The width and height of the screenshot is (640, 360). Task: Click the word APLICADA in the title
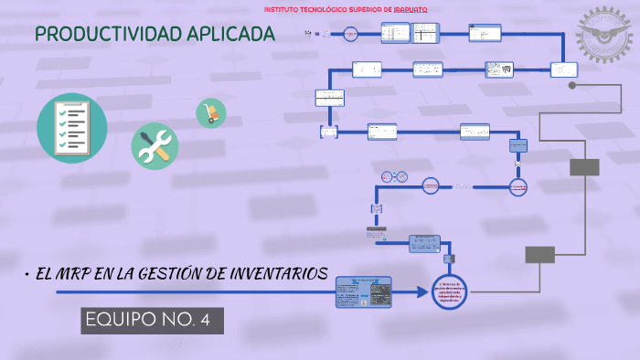230,35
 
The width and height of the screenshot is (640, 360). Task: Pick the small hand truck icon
211,113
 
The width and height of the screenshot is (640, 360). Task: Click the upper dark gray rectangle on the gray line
584,166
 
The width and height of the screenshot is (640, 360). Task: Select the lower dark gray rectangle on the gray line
539,254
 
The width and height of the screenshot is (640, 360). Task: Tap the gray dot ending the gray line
572,85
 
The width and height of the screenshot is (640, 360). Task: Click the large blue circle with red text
449,291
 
